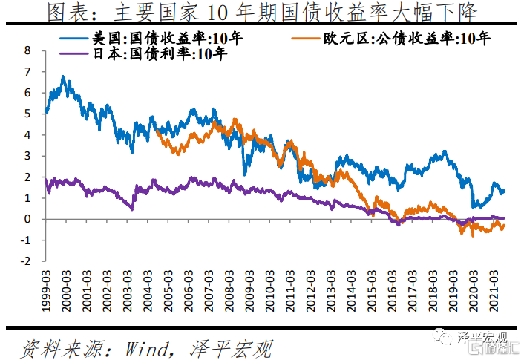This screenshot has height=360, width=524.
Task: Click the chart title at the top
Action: coord(261,12)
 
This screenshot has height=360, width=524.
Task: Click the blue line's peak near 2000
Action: coord(63,76)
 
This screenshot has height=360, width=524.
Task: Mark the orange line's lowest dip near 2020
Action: coord(473,235)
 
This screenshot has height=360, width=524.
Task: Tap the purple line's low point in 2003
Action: coord(132,209)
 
